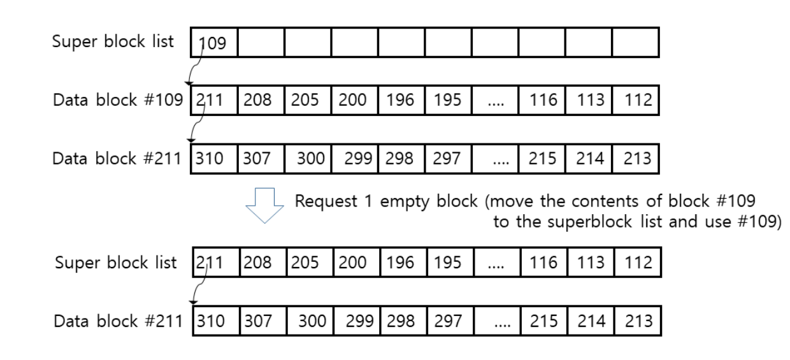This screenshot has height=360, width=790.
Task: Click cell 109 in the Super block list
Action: pyautogui.click(x=213, y=43)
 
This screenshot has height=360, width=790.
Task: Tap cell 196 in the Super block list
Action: pyautogui.click(x=400, y=263)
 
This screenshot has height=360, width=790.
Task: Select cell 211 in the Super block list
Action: pyautogui.click(x=213, y=263)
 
